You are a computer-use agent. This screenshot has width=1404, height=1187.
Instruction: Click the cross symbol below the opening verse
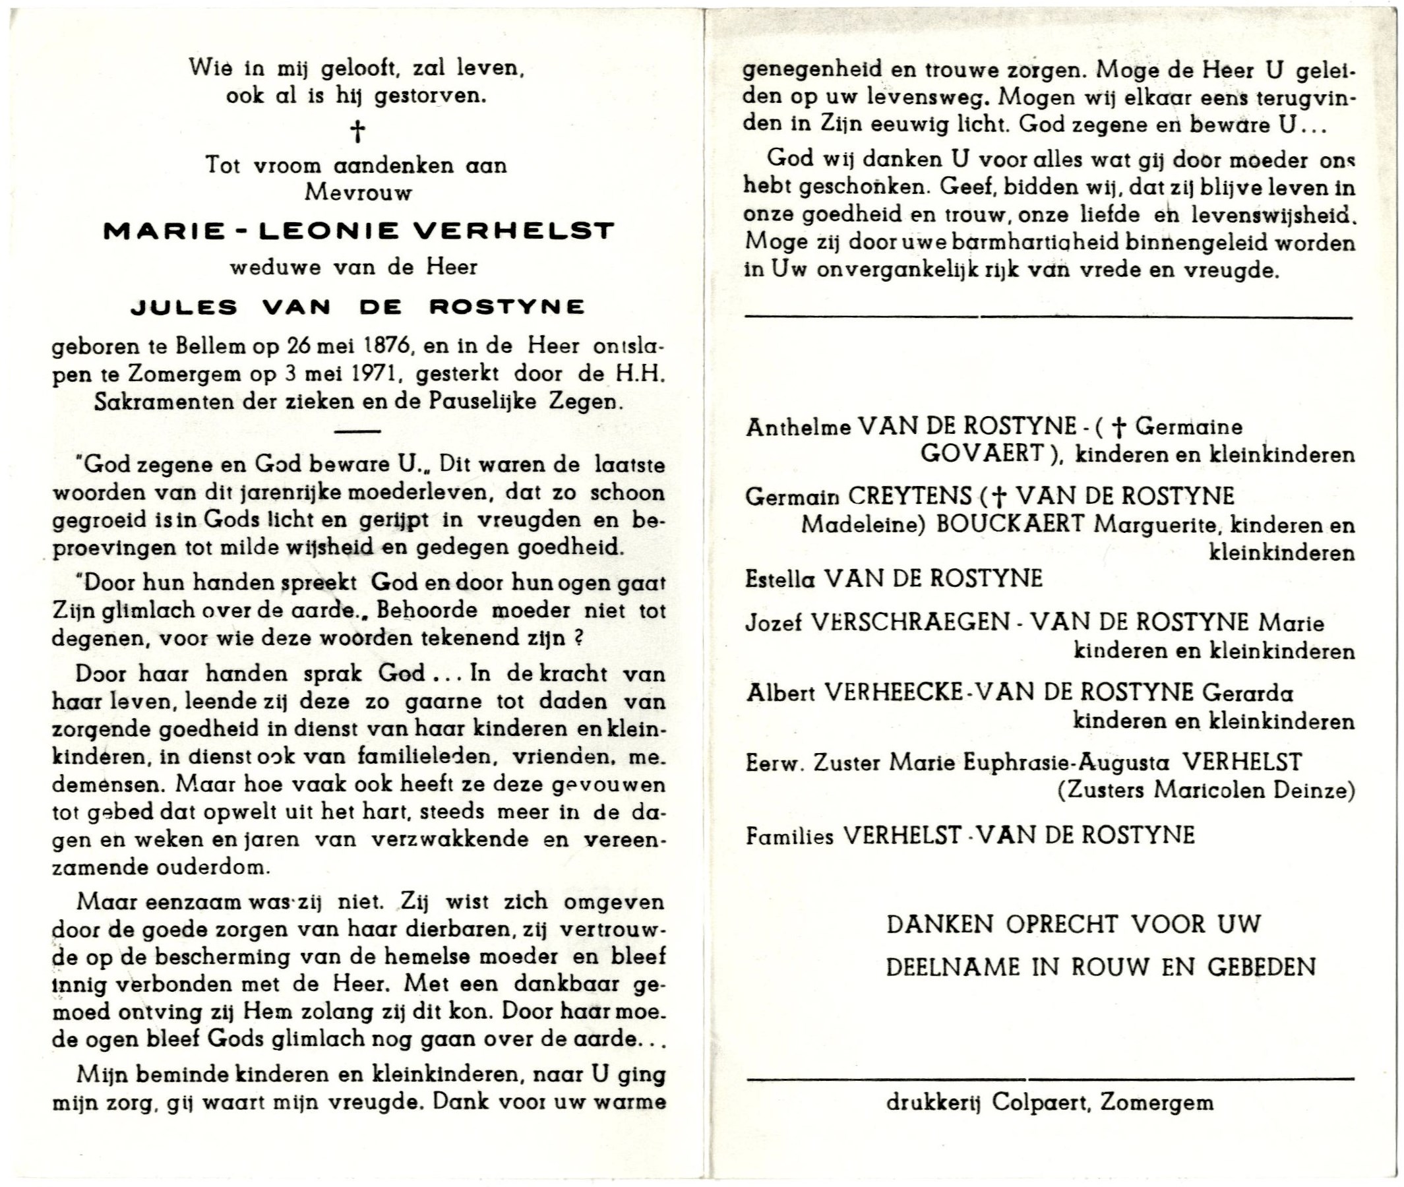pyautogui.click(x=358, y=131)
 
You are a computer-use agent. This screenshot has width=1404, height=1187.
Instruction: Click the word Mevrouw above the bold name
pyautogui.click(x=358, y=193)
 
